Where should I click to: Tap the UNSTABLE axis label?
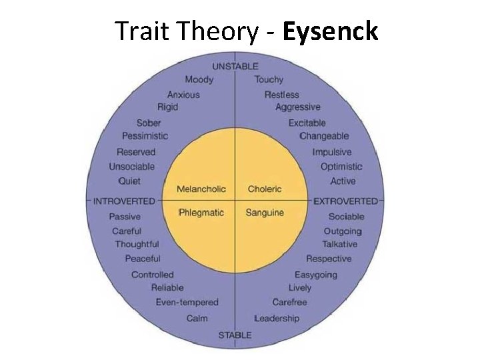coord(235,67)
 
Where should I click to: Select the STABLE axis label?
coord(235,335)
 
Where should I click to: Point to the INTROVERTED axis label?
coord(124,201)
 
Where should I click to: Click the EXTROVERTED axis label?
coord(345,201)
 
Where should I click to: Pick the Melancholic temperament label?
coord(201,189)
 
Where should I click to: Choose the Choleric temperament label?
coord(265,189)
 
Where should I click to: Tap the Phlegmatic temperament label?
coord(201,213)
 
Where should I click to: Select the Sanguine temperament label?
coord(265,213)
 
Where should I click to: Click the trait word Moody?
coord(199,80)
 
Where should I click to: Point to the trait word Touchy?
coord(269,80)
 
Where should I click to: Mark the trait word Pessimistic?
coord(145,136)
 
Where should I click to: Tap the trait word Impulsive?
coord(331,152)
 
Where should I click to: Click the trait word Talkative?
coord(339,244)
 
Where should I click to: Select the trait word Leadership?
coord(277,318)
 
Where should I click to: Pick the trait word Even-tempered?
coord(187,303)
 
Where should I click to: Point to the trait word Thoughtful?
coord(137,244)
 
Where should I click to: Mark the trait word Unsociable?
coord(131,167)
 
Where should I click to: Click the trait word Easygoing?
coord(315,275)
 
